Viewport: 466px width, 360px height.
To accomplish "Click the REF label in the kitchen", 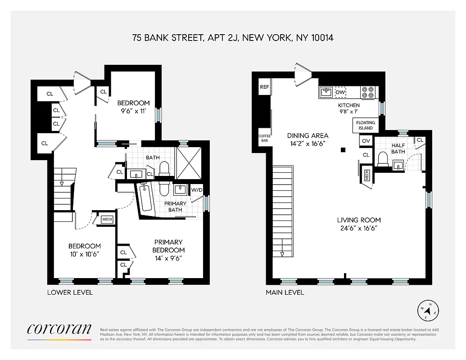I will point(264,87).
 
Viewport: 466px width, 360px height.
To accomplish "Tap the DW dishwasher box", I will point(341,93).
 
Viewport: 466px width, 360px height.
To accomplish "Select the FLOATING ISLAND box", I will point(365,125).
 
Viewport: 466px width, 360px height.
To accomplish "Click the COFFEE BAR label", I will point(264,138).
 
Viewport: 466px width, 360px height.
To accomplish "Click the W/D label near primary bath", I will point(197,189).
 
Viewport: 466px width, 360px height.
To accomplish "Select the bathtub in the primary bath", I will point(145,198).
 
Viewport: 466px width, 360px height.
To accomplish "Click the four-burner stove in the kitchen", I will point(368,92).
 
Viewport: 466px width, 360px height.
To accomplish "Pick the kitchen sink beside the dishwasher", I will point(326,93).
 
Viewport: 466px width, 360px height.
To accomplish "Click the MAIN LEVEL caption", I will point(285,292).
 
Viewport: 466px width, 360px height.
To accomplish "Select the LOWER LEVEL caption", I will point(70,292).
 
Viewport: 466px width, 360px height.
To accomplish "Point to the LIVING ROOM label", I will point(359,220).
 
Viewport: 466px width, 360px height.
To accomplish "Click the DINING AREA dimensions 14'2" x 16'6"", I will point(308,144).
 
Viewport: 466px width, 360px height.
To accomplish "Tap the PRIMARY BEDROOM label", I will point(168,246).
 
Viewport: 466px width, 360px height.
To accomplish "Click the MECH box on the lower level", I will point(107,220).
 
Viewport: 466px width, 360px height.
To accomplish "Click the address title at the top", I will point(233,38).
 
